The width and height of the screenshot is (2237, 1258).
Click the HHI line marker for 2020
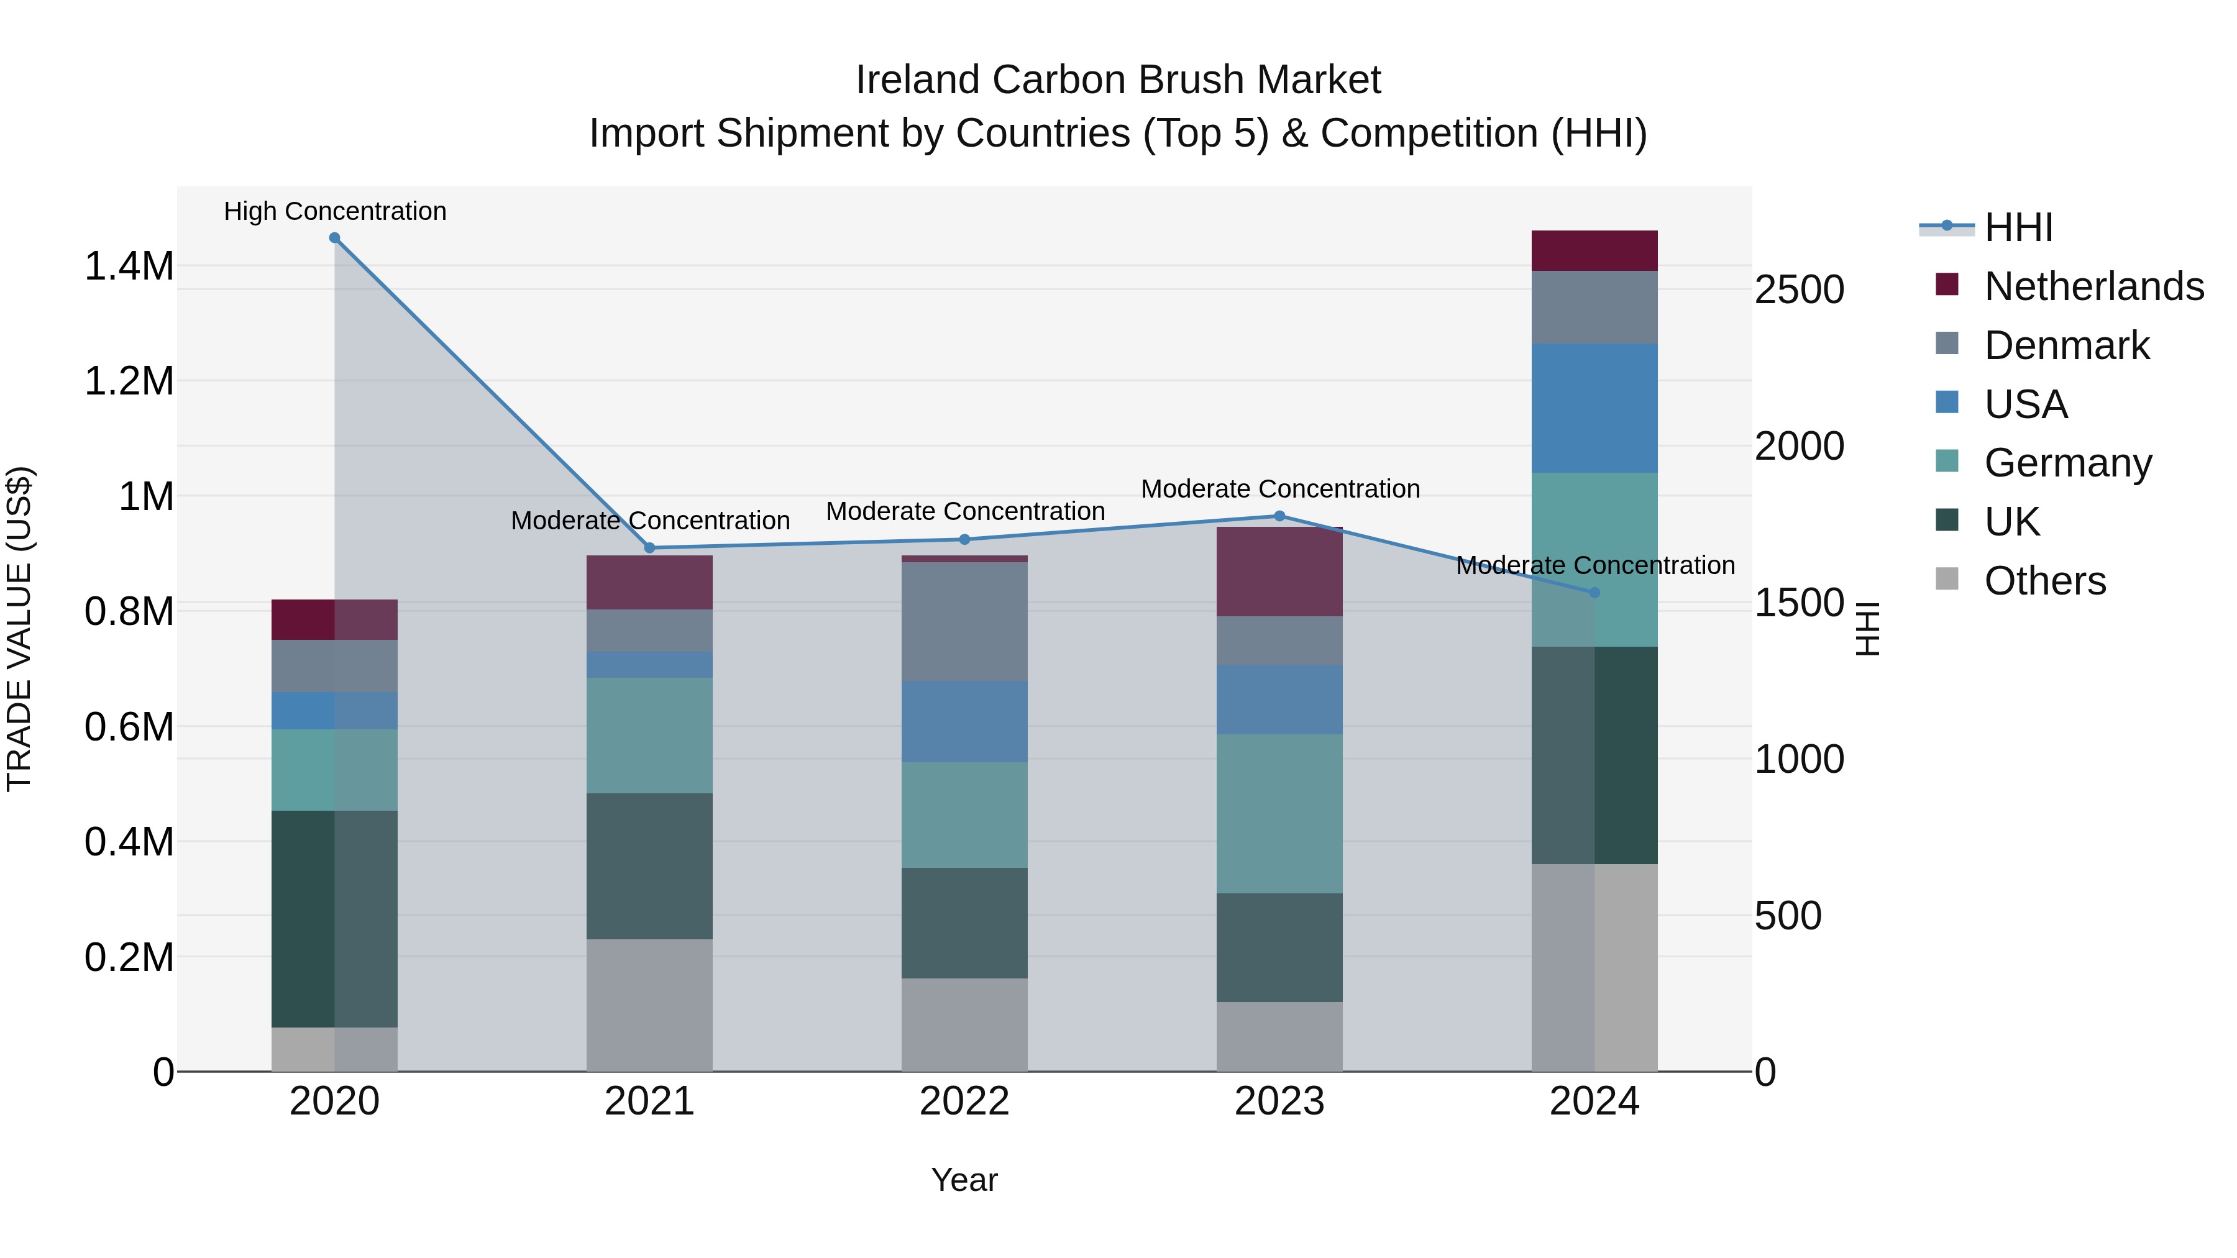coord(334,238)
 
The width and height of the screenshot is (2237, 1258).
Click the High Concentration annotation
coord(335,212)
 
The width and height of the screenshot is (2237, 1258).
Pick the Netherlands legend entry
coord(2093,286)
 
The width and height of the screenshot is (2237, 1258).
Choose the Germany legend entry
coord(2067,463)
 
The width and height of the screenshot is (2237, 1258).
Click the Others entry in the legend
coord(2044,581)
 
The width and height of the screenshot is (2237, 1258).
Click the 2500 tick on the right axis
coord(1798,290)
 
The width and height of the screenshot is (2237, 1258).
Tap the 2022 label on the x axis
coord(964,1101)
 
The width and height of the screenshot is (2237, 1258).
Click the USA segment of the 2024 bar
coord(1594,408)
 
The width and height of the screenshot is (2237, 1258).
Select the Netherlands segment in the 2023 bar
coord(1279,572)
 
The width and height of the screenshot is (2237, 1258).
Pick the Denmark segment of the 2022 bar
coord(964,622)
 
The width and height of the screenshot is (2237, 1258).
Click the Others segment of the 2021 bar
coord(649,1005)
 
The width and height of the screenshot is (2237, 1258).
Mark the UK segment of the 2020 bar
coord(334,919)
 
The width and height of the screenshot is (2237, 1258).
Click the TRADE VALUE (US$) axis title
coord(19,629)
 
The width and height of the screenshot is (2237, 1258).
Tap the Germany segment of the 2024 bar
coord(1594,560)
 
